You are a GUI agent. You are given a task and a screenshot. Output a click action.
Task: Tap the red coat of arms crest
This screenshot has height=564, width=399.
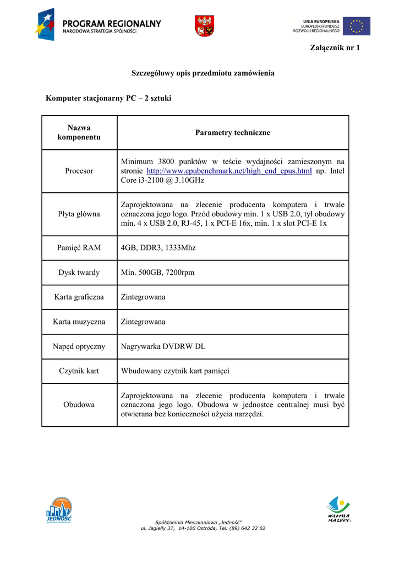click(x=204, y=26)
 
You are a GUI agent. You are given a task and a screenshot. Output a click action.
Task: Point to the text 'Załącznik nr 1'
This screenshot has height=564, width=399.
click(x=335, y=47)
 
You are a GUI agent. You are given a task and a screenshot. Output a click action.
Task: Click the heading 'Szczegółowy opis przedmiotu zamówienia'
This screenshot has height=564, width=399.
click(x=203, y=73)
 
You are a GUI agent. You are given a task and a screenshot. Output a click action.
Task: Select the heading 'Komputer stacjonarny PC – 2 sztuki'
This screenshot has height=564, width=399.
click(x=109, y=99)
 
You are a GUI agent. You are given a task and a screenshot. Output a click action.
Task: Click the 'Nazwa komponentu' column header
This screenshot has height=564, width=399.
click(x=79, y=132)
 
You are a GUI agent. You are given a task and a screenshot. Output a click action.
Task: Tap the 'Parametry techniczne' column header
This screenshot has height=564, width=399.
click(x=233, y=133)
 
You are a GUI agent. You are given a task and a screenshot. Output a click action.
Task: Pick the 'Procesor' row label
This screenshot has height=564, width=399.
click(x=79, y=171)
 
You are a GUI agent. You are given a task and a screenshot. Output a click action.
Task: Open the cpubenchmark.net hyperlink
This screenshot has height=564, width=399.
click(x=229, y=171)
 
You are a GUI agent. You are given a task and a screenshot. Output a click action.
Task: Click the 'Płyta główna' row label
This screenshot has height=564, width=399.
click(x=79, y=214)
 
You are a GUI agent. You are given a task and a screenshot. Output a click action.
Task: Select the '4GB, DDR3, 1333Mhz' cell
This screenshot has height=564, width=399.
click(x=158, y=248)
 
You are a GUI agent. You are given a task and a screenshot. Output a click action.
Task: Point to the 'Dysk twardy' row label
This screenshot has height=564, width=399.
click(x=79, y=273)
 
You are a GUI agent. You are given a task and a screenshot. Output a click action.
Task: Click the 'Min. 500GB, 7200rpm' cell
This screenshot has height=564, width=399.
click(x=157, y=273)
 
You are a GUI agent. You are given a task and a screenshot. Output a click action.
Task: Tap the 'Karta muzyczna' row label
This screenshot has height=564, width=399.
click(x=79, y=322)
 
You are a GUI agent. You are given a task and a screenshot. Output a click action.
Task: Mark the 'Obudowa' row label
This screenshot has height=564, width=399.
click(x=79, y=404)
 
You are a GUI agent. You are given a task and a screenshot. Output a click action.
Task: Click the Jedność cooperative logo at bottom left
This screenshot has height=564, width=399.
click(x=59, y=510)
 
